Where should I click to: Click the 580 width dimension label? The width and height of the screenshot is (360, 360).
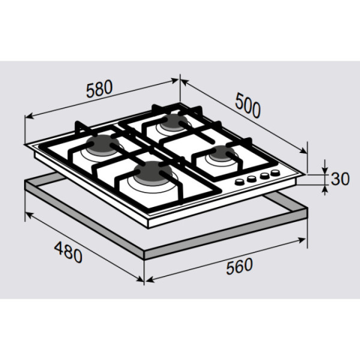pyautogui.click(x=100, y=89)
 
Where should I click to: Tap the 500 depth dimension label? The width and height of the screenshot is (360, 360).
pyautogui.click(x=248, y=106)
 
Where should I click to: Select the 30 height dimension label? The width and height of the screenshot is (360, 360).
pyautogui.click(x=340, y=179)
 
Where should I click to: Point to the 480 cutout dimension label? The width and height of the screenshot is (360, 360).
pyautogui.click(x=68, y=253)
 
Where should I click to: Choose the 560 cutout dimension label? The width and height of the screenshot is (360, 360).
pyautogui.click(x=239, y=266)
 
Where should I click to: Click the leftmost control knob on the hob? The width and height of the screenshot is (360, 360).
pyautogui.click(x=240, y=182)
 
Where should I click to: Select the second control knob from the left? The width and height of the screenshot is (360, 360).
pyautogui.click(x=251, y=178)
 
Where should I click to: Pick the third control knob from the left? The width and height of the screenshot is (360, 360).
pyautogui.click(x=265, y=175)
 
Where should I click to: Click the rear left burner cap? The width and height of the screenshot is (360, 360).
pyautogui.click(x=102, y=144)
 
